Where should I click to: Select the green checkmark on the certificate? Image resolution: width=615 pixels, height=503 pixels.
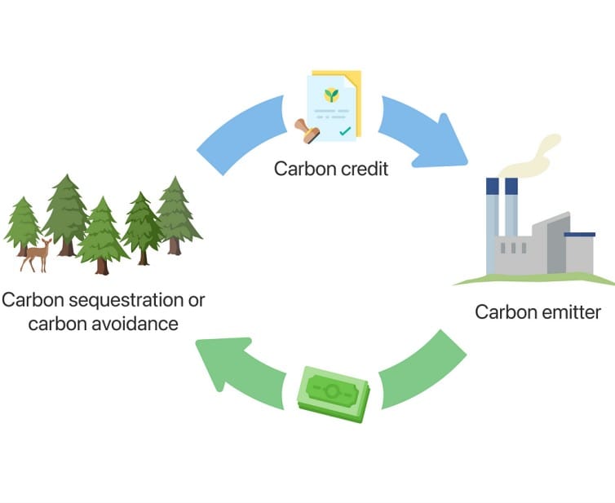(x=345, y=130)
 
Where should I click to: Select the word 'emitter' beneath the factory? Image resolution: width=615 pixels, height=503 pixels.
(x=571, y=311)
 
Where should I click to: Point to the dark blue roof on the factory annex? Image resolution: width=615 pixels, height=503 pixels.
(x=579, y=235)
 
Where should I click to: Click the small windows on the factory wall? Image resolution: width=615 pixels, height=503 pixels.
(x=507, y=248)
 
